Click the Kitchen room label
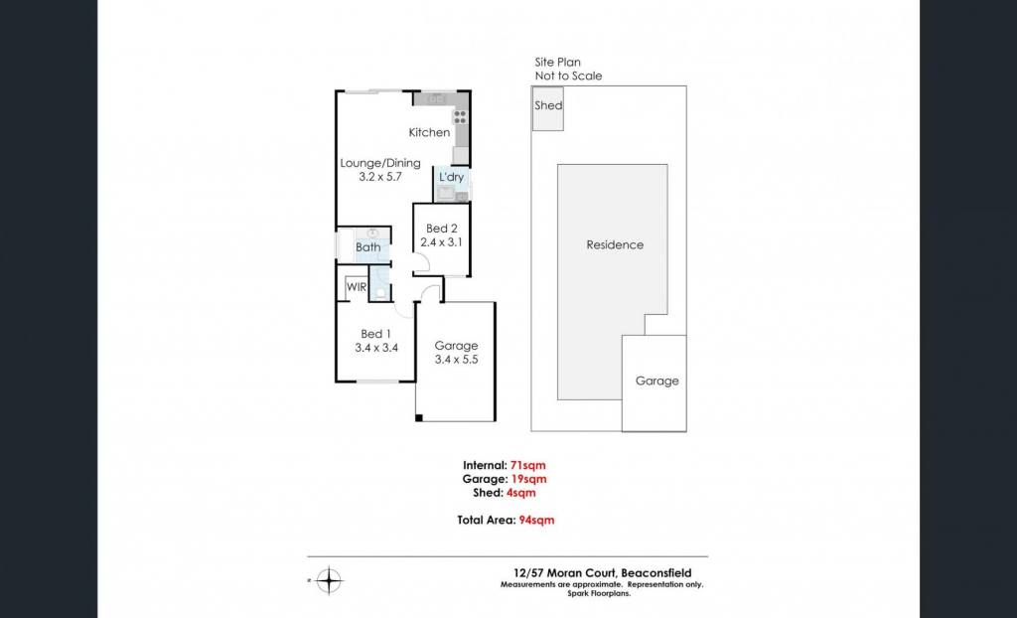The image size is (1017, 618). click(x=429, y=132)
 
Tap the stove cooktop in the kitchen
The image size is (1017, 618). click(x=460, y=117)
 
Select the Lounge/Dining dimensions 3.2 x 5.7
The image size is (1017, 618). click(x=380, y=175)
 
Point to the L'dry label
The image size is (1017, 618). click(x=452, y=177)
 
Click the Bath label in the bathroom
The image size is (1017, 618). click(x=367, y=247)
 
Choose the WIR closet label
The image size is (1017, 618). click(x=357, y=287)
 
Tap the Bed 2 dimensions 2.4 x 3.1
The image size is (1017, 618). click(x=439, y=242)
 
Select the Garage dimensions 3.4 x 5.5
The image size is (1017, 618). click(x=456, y=360)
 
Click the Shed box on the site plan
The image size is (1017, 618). click(x=547, y=108)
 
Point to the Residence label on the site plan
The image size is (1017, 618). click(x=615, y=244)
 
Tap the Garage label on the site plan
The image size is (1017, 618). click(x=657, y=382)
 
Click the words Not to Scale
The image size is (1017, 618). click(x=568, y=76)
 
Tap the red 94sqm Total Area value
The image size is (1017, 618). click(x=537, y=520)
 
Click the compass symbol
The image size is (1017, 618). click(x=330, y=579)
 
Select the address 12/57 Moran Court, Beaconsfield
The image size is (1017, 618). click(x=599, y=573)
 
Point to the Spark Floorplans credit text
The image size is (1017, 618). click(x=599, y=593)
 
